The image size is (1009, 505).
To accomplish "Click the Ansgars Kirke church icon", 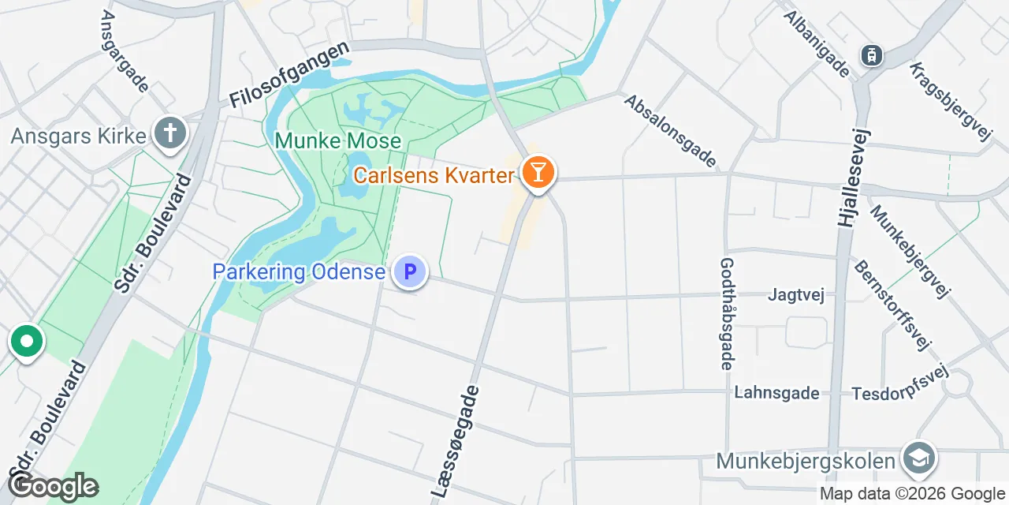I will click(169, 133).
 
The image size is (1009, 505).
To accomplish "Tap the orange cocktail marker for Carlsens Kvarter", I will click(538, 172).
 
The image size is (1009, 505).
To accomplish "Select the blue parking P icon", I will click(410, 273).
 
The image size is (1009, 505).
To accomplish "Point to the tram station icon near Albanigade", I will click(872, 55).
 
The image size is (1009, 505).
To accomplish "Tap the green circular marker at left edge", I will click(27, 342).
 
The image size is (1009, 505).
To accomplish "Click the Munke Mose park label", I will click(337, 142).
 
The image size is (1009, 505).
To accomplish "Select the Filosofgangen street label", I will click(289, 77).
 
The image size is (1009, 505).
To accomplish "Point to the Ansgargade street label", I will click(125, 51).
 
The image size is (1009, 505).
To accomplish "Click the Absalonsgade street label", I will click(671, 132).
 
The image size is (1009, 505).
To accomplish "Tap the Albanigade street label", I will click(817, 43).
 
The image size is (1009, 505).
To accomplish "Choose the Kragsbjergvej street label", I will click(951, 102).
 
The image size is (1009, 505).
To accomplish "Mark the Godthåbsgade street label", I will click(727, 313).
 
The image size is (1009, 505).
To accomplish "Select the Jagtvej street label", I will click(796, 296).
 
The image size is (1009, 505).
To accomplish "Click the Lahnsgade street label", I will click(776, 392).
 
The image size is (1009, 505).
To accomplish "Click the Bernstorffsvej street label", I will click(892, 305).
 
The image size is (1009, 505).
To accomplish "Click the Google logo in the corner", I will click(54, 486).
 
